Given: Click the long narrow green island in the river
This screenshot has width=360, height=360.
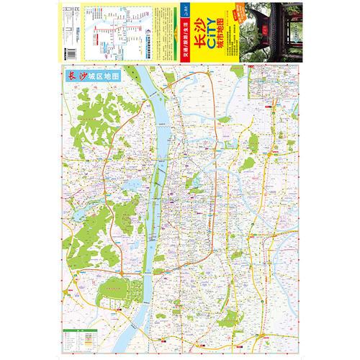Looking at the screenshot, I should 153,209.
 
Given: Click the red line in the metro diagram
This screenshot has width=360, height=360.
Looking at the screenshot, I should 108,32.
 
